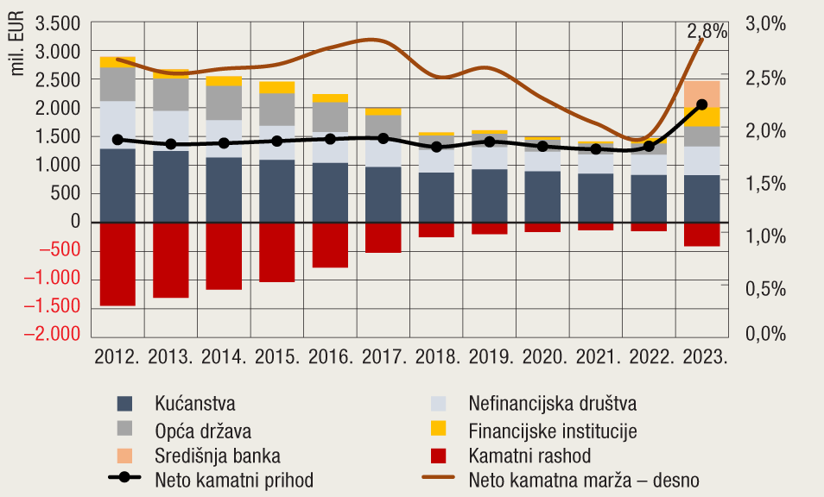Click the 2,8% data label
click(707, 32)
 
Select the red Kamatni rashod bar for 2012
click(117, 263)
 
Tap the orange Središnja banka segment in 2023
click(702, 94)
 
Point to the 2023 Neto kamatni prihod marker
click(702, 104)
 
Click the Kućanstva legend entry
click(195, 403)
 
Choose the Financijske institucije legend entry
click(552, 429)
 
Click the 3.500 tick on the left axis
click(58, 23)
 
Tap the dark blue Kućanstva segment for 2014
click(224, 190)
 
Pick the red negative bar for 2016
click(330, 245)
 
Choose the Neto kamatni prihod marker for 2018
click(436, 148)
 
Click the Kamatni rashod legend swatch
click(438, 455)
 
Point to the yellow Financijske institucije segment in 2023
click(702, 116)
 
